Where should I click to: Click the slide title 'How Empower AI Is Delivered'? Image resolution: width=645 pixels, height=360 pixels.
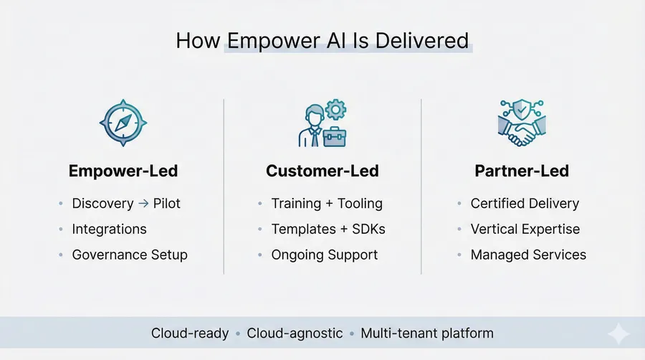[322, 40]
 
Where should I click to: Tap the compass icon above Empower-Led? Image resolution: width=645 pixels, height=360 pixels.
[123, 123]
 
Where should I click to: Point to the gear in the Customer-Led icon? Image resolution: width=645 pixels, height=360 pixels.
[335, 110]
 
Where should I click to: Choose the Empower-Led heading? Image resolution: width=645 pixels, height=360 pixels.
[123, 171]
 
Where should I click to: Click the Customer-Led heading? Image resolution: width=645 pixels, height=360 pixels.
[322, 171]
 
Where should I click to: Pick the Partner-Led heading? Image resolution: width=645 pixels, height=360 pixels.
[521, 171]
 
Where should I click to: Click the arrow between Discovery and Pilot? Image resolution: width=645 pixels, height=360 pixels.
[143, 204]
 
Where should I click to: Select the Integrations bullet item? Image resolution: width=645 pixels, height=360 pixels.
[109, 229]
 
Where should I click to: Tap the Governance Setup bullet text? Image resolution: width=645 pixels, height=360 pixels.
[130, 255]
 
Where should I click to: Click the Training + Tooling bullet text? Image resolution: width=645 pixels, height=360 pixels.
[327, 204]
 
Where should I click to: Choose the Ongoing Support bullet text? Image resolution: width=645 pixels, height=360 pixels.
[324, 255]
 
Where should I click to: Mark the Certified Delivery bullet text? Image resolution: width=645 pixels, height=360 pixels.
[525, 204]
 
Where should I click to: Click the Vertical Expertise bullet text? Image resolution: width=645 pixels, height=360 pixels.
[525, 229]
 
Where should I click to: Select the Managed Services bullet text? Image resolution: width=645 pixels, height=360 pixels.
[528, 255]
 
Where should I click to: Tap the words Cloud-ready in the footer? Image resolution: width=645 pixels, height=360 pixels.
[190, 333]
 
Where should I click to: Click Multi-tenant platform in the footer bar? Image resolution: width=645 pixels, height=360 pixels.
[427, 333]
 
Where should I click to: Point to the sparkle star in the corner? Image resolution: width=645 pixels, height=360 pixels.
[618, 334]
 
